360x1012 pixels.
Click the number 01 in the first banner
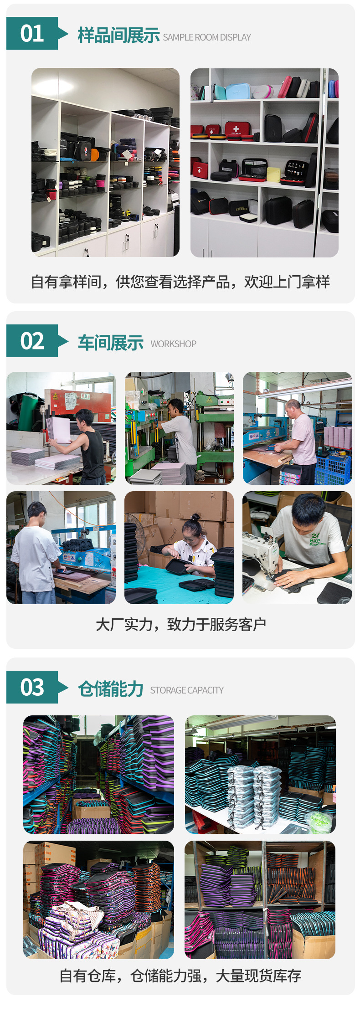coord(32,34)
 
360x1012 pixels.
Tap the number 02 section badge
coord(32,341)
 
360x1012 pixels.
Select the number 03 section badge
coord(32,687)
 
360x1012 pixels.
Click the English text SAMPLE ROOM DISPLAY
coord(207,37)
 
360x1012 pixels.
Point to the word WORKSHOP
coord(173,344)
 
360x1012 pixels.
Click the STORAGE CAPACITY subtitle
coord(187,690)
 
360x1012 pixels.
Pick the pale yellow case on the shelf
coord(273,174)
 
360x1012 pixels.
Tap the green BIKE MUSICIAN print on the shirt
coord(317,540)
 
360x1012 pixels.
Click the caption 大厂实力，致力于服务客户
coord(180,624)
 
